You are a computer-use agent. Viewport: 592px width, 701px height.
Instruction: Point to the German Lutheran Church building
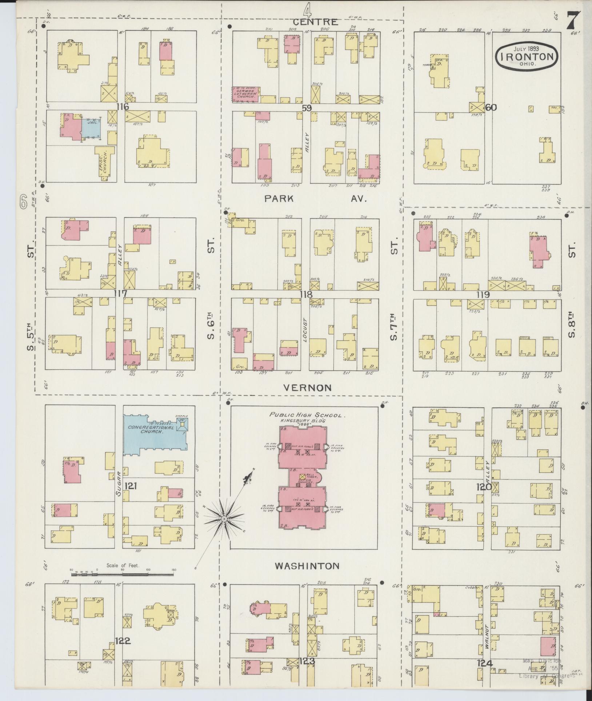pyautogui.click(x=246, y=93)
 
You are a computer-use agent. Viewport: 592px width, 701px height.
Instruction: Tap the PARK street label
pyautogui.click(x=279, y=199)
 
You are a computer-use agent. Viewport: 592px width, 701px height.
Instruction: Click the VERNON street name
pyautogui.click(x=307, y=387)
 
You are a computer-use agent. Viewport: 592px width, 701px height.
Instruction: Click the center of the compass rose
pyautogui.click(x=224, y=518)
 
